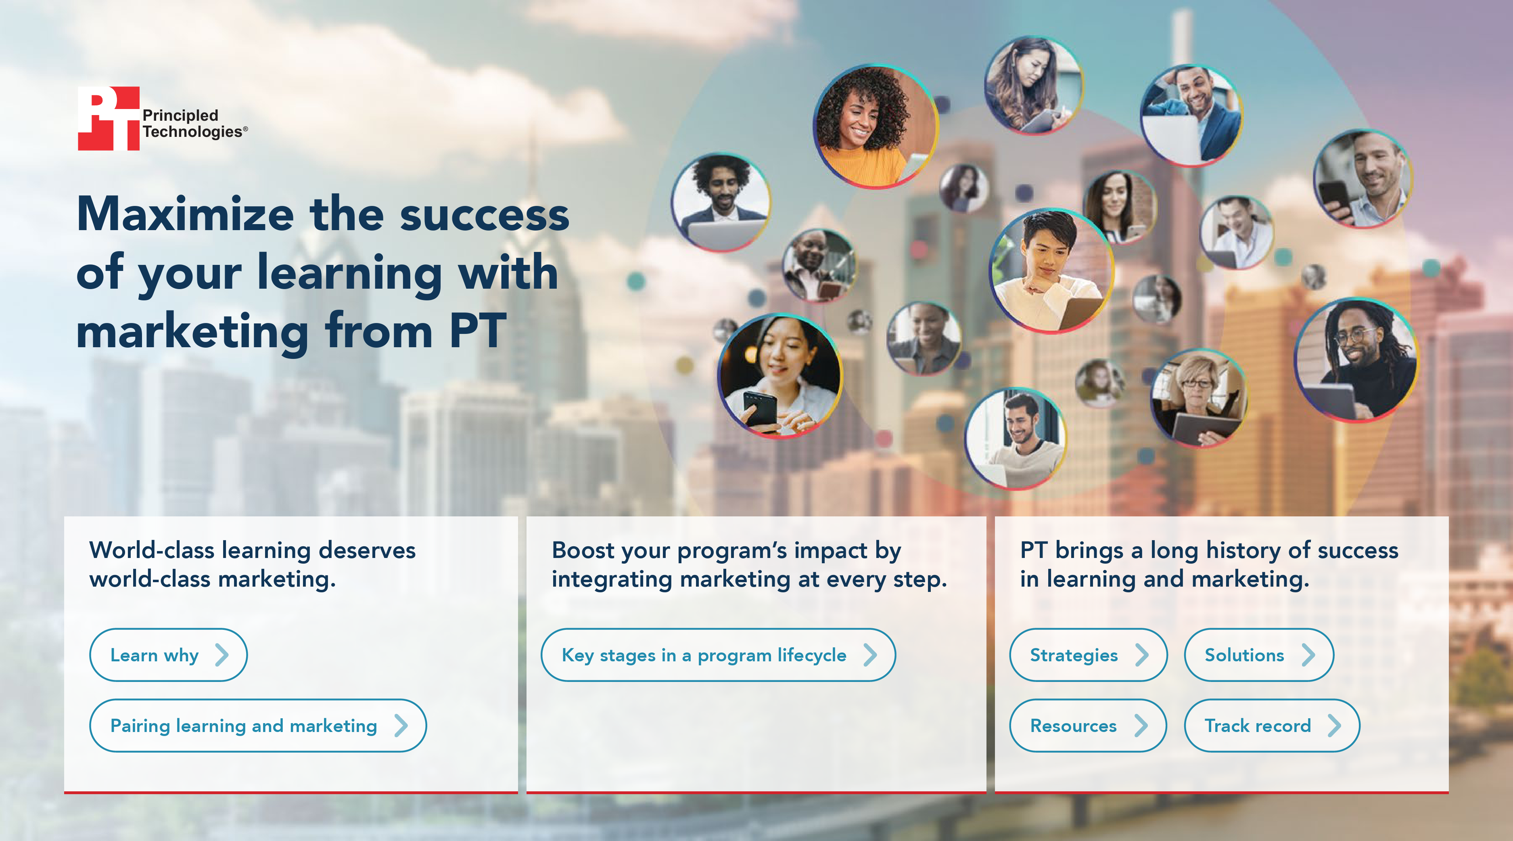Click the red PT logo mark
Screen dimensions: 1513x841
[109, 118]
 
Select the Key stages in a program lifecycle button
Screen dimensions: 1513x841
[718, 655]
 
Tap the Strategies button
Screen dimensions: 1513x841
[1088, 655]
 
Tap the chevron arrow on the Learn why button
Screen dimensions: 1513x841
[222, 655]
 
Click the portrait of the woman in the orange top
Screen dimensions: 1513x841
[875, 126]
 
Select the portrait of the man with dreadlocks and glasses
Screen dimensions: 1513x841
[1356, 360]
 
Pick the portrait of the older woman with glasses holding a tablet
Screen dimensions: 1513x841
[1198, 397]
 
